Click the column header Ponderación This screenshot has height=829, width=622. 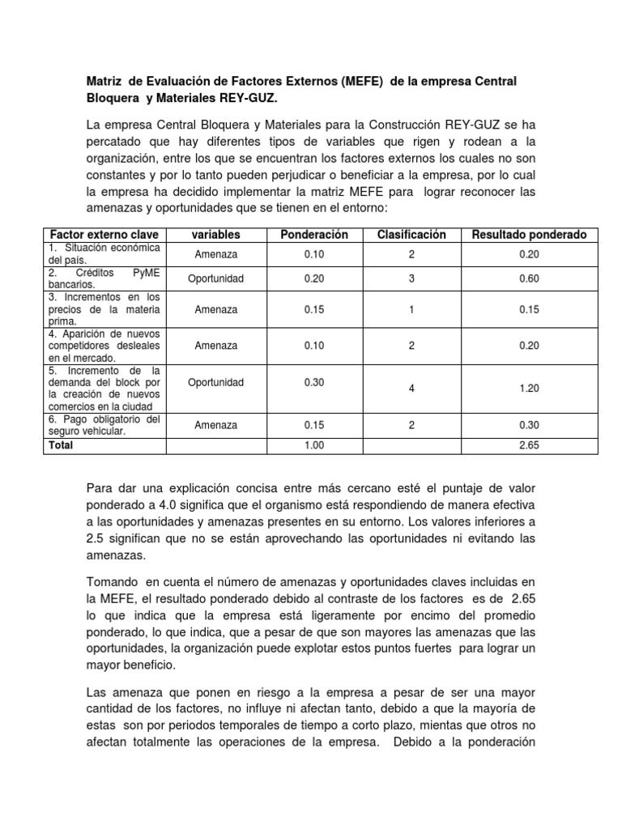pos(313,235)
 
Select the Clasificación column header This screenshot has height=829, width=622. pos(411,235)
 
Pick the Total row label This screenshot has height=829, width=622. pos(62,445)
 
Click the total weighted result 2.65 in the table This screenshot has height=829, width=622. pos(530,445)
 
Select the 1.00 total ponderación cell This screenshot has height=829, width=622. pos(313,445)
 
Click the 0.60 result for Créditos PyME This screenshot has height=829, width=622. pos(530,278)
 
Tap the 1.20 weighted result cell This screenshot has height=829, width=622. pos(530,389)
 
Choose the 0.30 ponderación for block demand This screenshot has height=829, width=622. pos(313,382)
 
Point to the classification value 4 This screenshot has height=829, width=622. pos(411,389)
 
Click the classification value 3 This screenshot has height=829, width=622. pos(411,278)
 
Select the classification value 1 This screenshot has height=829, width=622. pos(411,309)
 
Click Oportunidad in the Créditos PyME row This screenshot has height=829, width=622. pos(216,278)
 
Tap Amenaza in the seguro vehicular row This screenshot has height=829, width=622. pos(216,425)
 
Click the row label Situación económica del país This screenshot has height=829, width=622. pos(104,253)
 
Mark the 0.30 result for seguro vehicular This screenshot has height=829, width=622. pos(530,425)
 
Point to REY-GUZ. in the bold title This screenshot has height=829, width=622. pos(252,98)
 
